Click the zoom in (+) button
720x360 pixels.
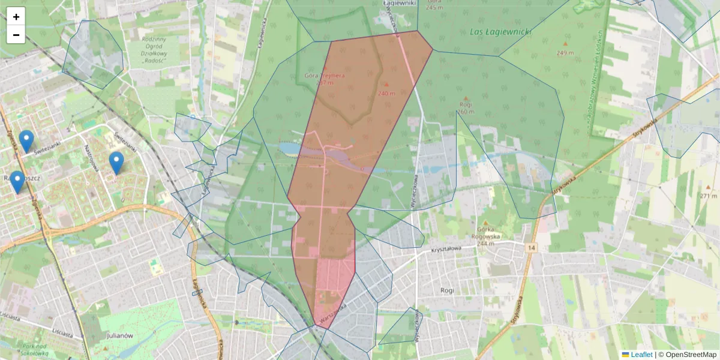[x=16, y=17]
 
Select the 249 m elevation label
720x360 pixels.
[x=565, y=53]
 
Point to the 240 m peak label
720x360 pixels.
[x=386, y=93]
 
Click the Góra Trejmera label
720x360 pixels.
[x=323, y=76]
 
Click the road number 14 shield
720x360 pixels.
[x=532, y=248]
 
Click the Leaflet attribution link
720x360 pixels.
[x=641, y=355]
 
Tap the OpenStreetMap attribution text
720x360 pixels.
[x=691, y=355]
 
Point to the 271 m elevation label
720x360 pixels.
[x=709, y=196]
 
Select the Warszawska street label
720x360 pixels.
[x=334, y=315]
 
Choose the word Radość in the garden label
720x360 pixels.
[x=155, y=60]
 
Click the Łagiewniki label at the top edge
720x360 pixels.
[x=399, y=3]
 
